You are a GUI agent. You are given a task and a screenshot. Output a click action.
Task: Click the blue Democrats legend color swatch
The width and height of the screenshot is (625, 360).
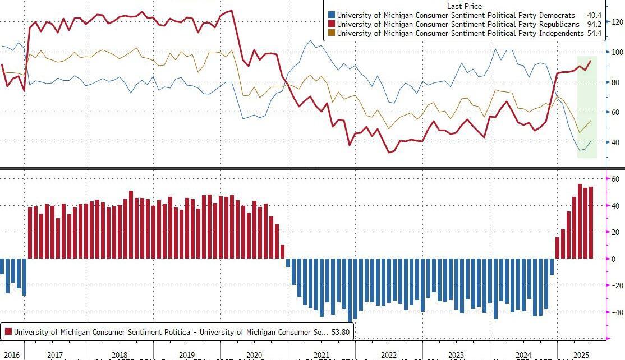(332, 15)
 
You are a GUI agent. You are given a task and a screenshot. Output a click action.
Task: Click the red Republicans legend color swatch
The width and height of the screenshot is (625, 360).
(332, 24)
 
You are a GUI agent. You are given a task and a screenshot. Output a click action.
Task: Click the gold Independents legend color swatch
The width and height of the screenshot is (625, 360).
(332, 34)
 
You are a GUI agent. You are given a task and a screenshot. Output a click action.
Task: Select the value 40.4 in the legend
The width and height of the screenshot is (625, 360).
(594, 15)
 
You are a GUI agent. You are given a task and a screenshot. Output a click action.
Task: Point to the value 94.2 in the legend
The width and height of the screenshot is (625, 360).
(594, 24)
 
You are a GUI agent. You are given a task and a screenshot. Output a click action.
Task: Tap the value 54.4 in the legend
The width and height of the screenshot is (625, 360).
(594, 34)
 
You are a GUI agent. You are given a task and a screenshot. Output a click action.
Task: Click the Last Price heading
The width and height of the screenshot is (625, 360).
(465, 6)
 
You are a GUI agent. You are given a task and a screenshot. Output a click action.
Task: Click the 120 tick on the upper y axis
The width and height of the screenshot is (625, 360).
(617, 22)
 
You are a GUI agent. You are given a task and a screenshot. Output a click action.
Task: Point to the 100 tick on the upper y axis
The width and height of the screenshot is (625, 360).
(617, 52)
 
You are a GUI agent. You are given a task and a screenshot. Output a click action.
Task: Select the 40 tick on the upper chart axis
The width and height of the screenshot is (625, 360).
(615, 142)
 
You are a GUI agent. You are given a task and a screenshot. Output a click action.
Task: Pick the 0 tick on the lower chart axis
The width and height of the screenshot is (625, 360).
(614, 259)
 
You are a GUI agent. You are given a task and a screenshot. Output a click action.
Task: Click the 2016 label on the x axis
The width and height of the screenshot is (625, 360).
(11, 355)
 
